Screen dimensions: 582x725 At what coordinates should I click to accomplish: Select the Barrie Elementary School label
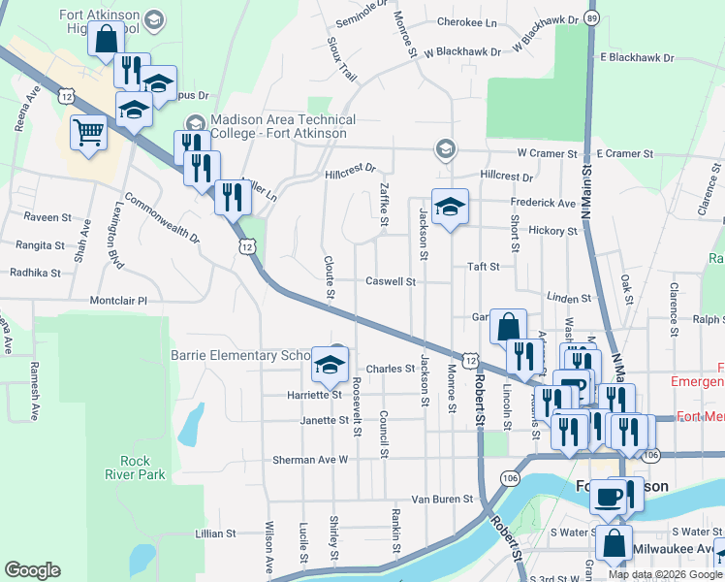pyautogui.click(x=242, y=355)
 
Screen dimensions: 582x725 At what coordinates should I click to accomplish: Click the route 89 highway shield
pyautogui.click(x=592, y=17)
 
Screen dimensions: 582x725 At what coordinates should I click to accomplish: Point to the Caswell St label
pyautogui.click(x=390, y=282)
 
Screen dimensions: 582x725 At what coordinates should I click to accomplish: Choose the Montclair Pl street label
pyautogui.click(x=117, y=302)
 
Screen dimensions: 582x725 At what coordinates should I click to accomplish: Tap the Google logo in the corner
pyautogui.click(x=32, y=570)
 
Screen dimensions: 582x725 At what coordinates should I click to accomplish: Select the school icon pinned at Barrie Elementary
pyautogui.click(x=330, y=366)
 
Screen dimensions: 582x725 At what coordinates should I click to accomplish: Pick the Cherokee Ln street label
pyautogui.click(x=467, y=21)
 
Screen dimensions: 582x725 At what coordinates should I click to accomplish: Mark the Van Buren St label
pyautogui.click(x=441, y=499)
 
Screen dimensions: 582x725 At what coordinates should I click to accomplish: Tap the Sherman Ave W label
pyautogui.click(x=309, y=459)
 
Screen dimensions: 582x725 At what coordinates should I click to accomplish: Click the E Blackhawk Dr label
pyautogui.click(x=636, y=58)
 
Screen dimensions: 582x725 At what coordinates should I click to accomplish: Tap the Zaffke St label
pyautogui.click(x=384, y=206)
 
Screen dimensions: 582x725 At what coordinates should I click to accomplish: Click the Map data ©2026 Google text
pyautogui.click(x=665, y=574)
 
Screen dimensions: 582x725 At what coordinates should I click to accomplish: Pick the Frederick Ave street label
pyautogui.click(x=543, y=203)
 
